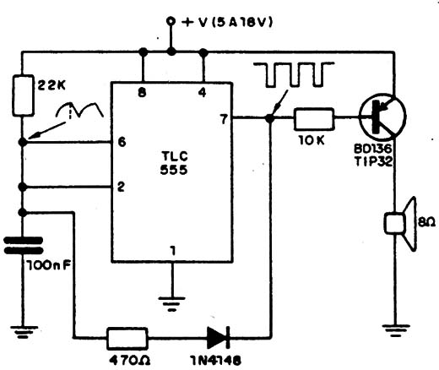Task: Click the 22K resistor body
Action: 23,95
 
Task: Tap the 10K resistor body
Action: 314,119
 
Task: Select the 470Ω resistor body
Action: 127,338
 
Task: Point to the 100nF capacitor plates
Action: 23,245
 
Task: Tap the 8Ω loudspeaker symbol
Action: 400,223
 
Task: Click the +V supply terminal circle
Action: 171,21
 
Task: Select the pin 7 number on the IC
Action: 224,119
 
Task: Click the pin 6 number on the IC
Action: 122,142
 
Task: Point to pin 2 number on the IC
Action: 121,187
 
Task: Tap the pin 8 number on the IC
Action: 142,92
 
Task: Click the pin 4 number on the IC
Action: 202,92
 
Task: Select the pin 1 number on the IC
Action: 173,251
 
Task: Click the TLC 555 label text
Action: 174,162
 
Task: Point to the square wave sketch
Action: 294,74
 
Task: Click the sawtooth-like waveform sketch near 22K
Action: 80,109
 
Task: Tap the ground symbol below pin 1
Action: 171,303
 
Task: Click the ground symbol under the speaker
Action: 396,330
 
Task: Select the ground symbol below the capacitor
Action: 24,332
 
